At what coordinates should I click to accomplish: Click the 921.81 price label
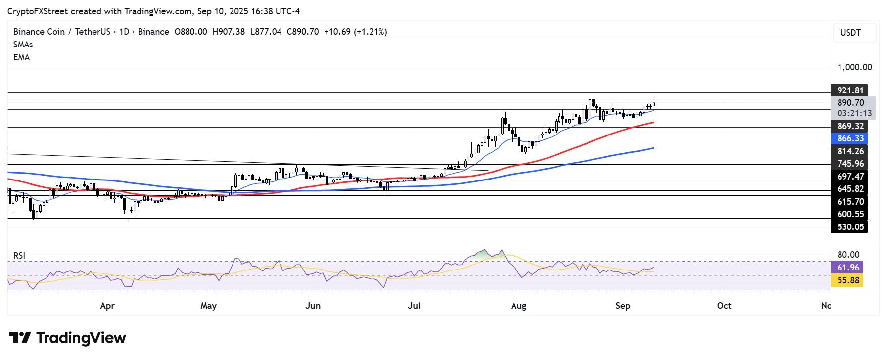(850, 90)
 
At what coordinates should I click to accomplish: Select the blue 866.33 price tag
(850, 139)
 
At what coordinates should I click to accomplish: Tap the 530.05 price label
(850, 227)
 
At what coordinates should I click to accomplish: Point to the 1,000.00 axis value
(854, 67)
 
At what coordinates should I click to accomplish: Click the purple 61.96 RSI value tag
(848, 268)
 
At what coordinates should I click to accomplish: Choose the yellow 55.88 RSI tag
(848, 281)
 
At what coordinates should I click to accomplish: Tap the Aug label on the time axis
(518, 306)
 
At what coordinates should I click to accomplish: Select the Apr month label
(107, 306)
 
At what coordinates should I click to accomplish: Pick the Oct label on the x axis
(724, 306)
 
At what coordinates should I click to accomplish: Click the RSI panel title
(19, 256)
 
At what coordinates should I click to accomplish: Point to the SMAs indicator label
(23, 45)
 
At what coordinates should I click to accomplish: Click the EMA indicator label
(21, 57)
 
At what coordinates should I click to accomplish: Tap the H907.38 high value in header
(228, 32)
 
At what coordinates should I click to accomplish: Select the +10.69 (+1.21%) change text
(355, 32)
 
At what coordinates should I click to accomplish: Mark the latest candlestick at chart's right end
(654, 103)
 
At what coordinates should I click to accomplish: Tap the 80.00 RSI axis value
(848, 255)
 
